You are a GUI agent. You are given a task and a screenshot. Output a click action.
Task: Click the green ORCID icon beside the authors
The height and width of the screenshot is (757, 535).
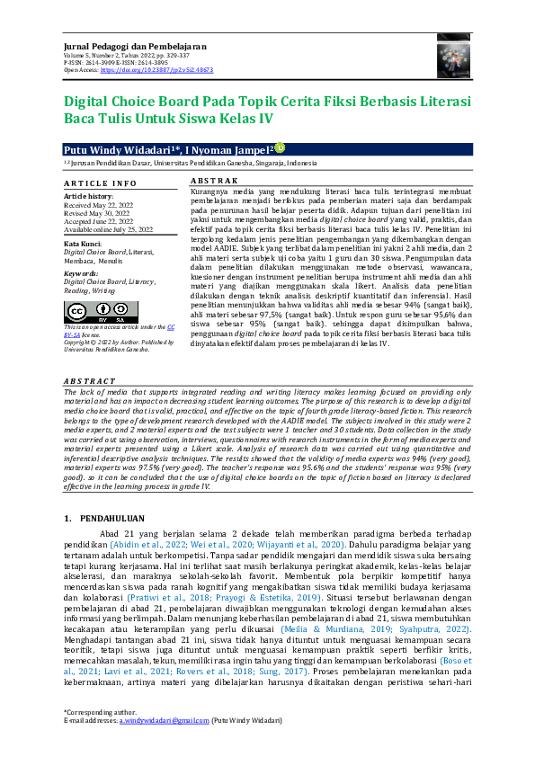click(x=279, y=147)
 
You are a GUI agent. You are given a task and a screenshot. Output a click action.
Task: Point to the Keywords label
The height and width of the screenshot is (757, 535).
click(x=81, y=272)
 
